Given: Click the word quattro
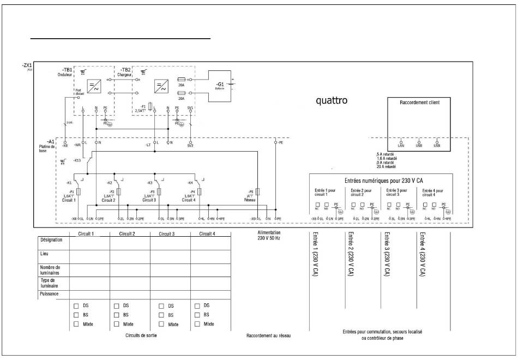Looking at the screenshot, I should (x=332, y=101).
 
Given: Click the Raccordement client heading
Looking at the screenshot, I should (x=419, y=102).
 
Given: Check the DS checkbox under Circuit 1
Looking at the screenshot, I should (x=77, y=306).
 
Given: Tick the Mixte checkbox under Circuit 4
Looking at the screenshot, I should (x=197, y=325).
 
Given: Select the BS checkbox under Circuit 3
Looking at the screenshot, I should (x=161, y=315).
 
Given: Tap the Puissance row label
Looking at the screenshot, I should (x=50, y=294).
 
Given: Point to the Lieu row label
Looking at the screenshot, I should (x=45, y=254).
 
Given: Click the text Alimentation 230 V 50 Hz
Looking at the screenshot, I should (x=268, y=235).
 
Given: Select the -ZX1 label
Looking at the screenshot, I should (x=27, y=66).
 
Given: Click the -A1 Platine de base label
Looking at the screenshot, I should (x=47, y=145).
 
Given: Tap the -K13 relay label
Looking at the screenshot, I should (x=77, y=160).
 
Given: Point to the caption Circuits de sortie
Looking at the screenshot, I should (x=141, y=335).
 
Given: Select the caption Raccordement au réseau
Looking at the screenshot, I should (x=268, y=335).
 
